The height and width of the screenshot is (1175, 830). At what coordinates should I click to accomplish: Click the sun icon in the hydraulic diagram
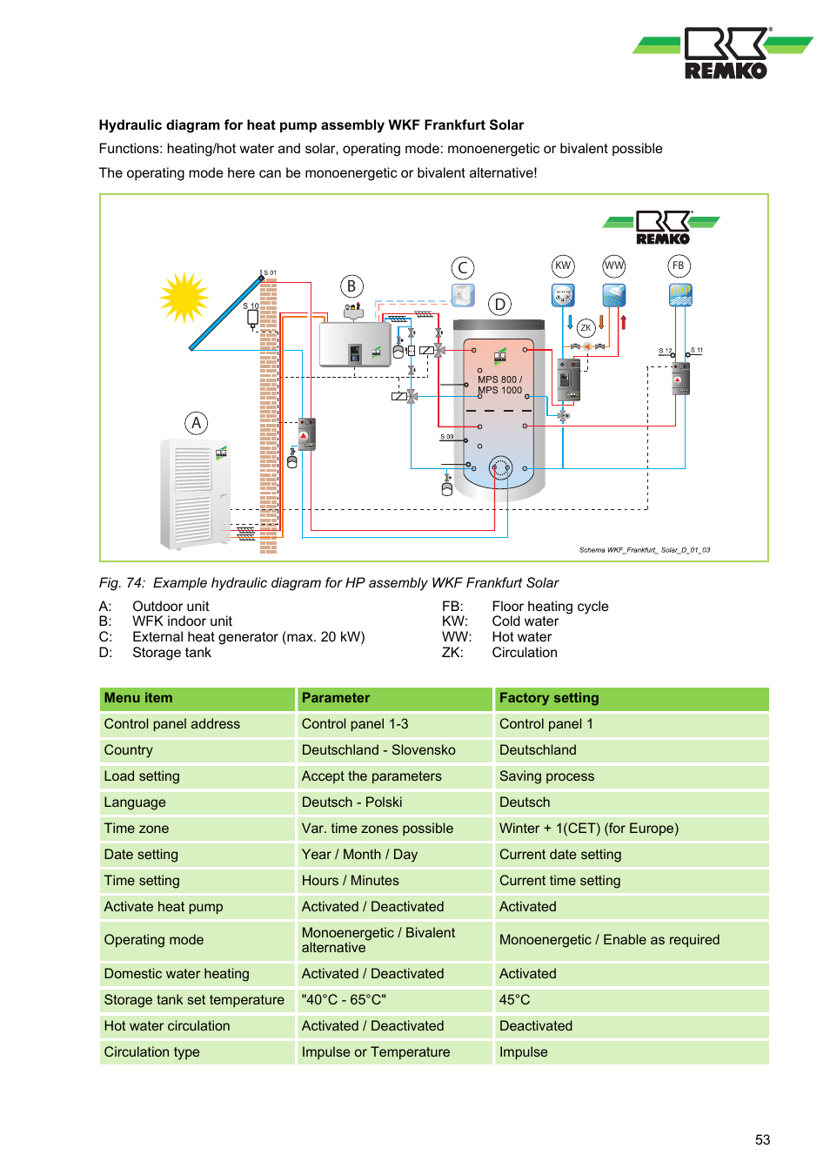coord(184,298)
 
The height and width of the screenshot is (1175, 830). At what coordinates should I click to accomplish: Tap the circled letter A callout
coord(197,424)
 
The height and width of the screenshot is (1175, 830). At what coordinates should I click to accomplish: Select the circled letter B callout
coord(351,286)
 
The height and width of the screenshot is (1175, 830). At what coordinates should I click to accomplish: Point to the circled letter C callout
coord(463,268)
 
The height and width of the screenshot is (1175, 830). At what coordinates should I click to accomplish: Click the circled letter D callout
coord(499,304)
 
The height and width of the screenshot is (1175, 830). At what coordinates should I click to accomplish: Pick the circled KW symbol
coord(563,266)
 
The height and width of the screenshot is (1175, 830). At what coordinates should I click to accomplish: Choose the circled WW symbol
coord(614,266)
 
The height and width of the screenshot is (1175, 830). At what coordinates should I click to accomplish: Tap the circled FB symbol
coord(679,266)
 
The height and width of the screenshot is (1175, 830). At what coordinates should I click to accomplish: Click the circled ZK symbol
coord(586,328)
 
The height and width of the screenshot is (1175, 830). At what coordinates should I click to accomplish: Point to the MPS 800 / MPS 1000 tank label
coord(500,385)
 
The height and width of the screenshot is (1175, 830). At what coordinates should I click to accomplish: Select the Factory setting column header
coord(549,698)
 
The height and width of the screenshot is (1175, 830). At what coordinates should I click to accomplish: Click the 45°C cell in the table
coord(515,1000)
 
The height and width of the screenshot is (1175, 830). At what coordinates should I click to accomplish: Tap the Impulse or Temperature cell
coord(376,1052)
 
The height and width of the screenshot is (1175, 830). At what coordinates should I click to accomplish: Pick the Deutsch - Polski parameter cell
coord(351,802)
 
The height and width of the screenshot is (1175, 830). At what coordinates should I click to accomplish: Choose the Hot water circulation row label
coord(167,1026)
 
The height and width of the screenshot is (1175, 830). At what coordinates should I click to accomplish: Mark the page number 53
coord(762,1140)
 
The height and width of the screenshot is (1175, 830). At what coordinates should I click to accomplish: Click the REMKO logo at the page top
coord(725,53)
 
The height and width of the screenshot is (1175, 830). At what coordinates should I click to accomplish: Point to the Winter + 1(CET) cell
coord(588,829)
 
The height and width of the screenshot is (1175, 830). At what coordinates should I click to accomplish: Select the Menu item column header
coord(138,698)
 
